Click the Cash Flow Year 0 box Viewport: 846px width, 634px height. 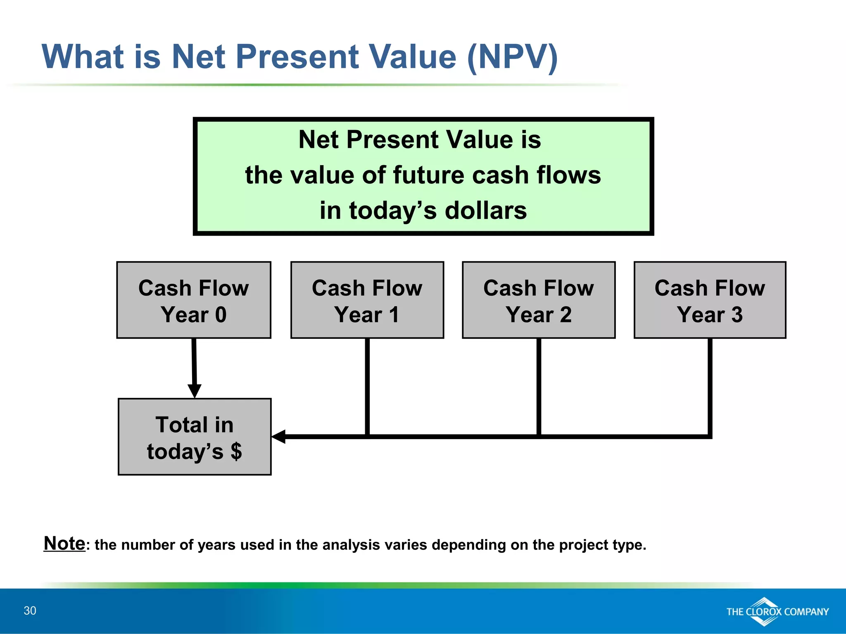pos(194,300)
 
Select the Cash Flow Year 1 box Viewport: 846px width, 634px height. pos(367,300)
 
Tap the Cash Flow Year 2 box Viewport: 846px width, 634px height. pos(539,300)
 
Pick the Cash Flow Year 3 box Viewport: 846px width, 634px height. pos(710,300)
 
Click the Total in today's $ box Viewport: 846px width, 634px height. pos(195,437)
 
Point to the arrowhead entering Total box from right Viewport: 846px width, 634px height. pos(279,436)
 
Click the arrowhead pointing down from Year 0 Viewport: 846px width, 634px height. pos(195,390)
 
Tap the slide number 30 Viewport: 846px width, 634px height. pos(30,610)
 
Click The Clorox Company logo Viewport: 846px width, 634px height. pos(777,612)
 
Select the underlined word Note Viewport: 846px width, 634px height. pos(64,543)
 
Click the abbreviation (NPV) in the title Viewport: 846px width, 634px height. pos(513,57)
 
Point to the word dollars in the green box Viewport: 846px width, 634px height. pos(486,211)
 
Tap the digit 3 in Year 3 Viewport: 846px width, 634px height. pos(737,315)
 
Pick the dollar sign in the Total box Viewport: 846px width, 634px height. pos(236,451)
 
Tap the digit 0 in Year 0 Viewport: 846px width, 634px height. pos(221,315)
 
